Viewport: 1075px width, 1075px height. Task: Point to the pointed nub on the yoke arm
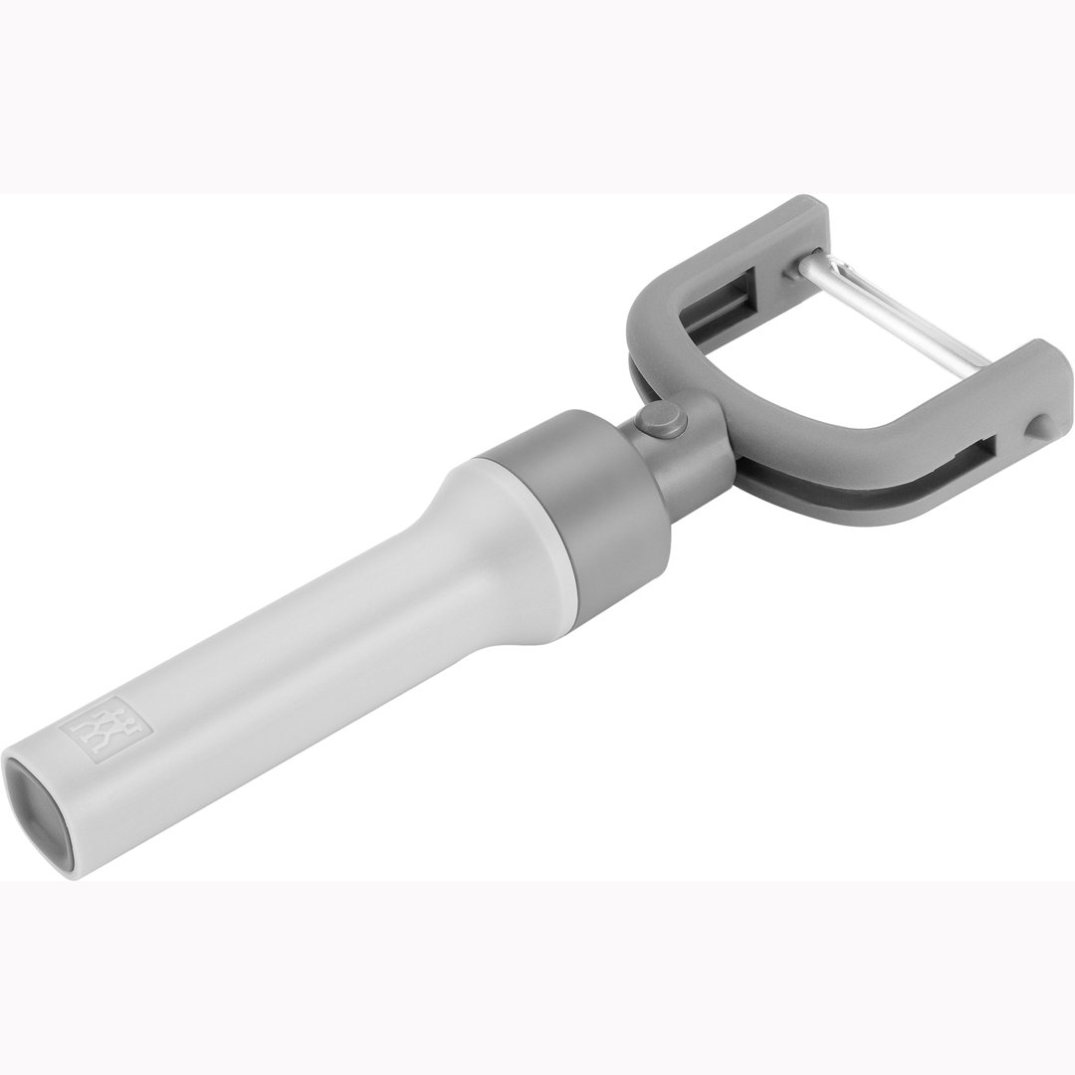tap(1037, 422)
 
